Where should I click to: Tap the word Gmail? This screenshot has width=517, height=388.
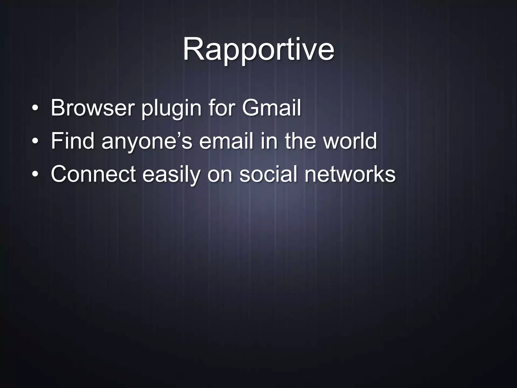[x=271, y=108]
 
